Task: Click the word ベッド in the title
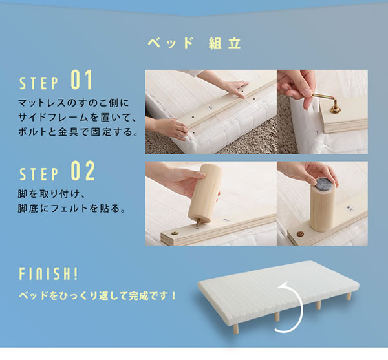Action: coord(171,44)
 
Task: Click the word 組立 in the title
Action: coord(224,44)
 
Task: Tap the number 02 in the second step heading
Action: coord(83,172)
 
